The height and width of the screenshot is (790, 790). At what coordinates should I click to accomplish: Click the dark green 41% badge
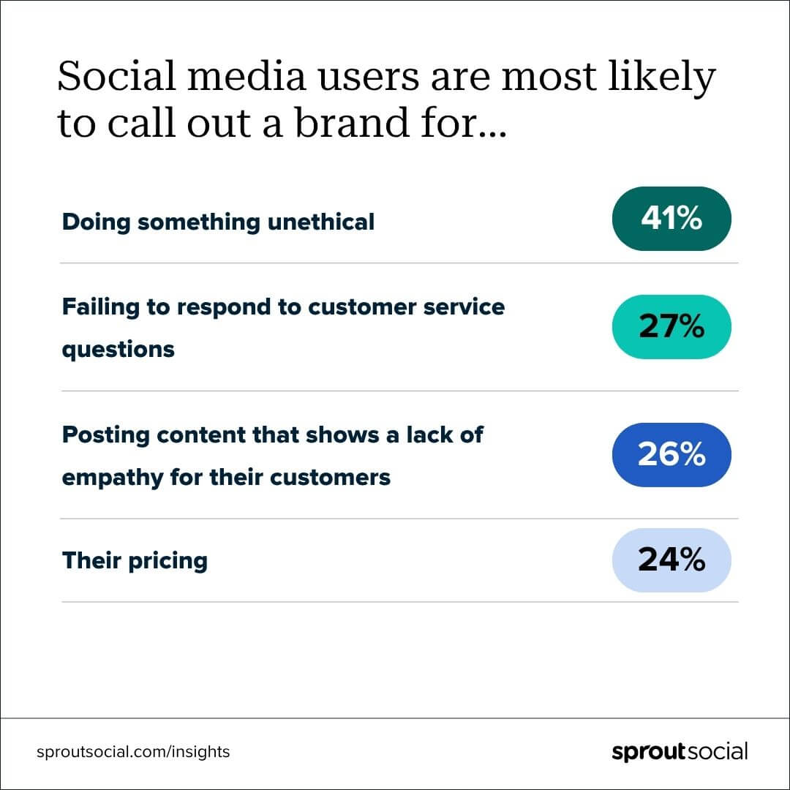coord(671,219)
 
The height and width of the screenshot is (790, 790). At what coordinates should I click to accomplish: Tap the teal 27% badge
coord(671,326)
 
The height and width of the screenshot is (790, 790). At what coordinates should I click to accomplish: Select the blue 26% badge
coord(671,454)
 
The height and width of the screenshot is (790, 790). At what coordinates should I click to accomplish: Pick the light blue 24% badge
coord(671,560)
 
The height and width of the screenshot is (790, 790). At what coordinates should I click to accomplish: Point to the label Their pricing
coord(135,561)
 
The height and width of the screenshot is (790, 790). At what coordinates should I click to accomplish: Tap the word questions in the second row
coord(118,350)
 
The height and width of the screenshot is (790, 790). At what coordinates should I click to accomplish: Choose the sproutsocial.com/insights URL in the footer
coord(133,751)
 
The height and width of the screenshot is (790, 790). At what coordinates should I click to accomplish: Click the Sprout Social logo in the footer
coord(680,751)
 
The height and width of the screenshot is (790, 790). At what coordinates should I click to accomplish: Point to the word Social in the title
coord(105,77)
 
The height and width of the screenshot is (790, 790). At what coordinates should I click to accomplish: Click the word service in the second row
coord(467,307)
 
